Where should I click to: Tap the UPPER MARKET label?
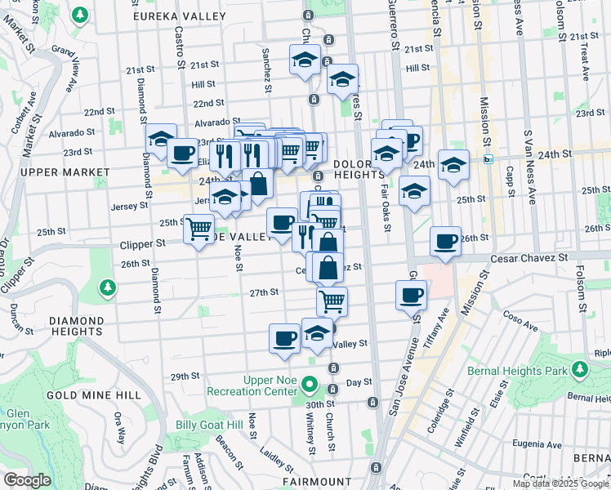click(x=65, y=172)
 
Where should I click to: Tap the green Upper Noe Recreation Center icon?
click(x=310, y=383)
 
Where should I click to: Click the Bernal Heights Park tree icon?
click(x=579, y=371)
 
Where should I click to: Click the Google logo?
click(x=27, y=480)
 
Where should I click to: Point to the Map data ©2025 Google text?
click(x=560, y=483)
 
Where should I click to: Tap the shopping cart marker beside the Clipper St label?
click(x=198, y=229)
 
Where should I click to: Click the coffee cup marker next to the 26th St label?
click(x=446, y=241)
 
